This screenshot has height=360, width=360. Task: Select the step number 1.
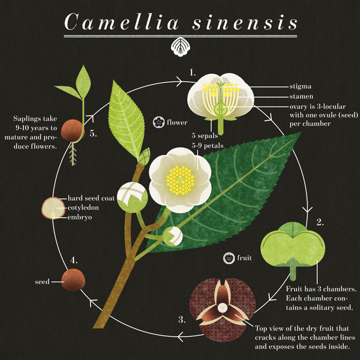pyautogui.click(x=192, y=72)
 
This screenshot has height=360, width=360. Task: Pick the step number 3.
pyautogui.click(x=181, y=320)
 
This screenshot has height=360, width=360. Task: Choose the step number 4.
pyautogui.click(x=74, y=259)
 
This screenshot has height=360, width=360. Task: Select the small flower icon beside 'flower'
pyautogui.click(x=159, y=120)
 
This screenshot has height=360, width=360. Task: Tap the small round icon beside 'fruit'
pyautogui.click(x=229, y=258)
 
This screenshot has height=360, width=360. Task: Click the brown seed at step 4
pyautogui.click(x=72, y=280)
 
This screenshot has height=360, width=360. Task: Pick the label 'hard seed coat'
pyautogui.click(x=91, y=198)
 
